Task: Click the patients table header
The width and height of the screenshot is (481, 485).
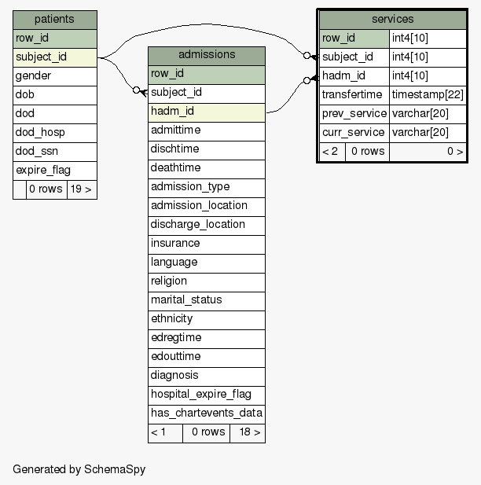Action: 55,20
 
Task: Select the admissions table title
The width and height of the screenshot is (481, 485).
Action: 207,55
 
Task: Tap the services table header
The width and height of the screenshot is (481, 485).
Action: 392,20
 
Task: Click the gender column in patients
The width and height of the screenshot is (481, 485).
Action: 55,76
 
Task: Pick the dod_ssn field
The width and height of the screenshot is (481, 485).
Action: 55,152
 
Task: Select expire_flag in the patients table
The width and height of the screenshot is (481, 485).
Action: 55,171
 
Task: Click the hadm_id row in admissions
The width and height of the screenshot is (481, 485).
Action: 207,112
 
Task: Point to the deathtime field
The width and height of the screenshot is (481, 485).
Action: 207,169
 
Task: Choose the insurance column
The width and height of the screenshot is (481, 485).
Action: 207,244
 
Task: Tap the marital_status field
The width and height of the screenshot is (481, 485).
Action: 207,301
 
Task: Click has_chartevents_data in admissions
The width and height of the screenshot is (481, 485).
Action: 207,414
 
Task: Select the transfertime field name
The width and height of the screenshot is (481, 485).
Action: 352,95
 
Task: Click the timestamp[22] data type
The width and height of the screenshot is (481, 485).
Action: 428,95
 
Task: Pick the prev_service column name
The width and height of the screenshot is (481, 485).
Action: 354,114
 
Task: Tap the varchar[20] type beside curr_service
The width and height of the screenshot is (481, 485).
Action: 420,133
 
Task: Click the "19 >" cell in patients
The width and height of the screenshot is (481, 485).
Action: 82,189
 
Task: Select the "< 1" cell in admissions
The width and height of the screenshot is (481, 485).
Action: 166,433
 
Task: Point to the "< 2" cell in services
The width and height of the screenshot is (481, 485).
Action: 332,152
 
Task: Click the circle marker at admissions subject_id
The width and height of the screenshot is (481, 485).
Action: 136,90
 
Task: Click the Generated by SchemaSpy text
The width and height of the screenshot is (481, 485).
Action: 79,469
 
